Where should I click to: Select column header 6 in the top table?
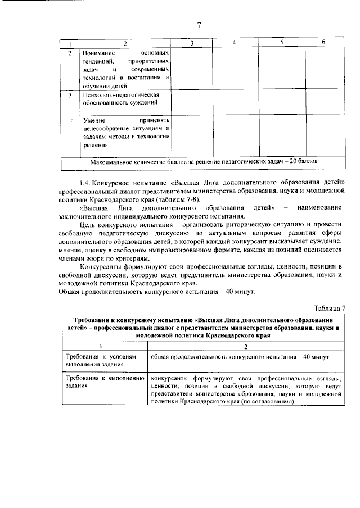[x=323, y=43]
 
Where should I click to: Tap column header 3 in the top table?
[x=192, y=43]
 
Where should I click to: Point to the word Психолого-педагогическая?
[x=118, y=95]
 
